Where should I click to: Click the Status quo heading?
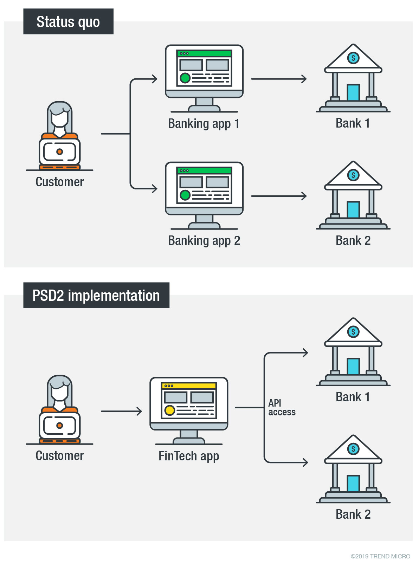click(x=68, y=22)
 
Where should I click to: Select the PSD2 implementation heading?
click(x=96, y=296)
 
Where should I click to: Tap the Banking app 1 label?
click(x=204, y=124)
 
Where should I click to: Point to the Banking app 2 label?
click(x=204, y=241)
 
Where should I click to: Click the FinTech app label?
click(x=189, y=456)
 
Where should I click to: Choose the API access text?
click(x=282, y=408)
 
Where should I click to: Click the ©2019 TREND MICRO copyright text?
click(x=380, y=556)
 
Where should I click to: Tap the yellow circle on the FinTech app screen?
click(x=170, y=410)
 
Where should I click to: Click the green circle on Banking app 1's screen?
click(x=185, y=78)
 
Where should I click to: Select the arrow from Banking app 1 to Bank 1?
click(x=279, y=79)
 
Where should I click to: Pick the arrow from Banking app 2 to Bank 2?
click(x=279, y=196)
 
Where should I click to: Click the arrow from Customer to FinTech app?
click(x=121, y=411)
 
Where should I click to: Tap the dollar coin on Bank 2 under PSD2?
click(x=353, y=449)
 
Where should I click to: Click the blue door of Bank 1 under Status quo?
click(x=353, y=93)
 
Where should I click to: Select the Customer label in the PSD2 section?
click(x=60, y=456)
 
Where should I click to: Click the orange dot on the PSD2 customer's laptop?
click(x=60, y=426)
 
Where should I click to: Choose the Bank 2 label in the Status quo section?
click(x=353, y=241)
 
